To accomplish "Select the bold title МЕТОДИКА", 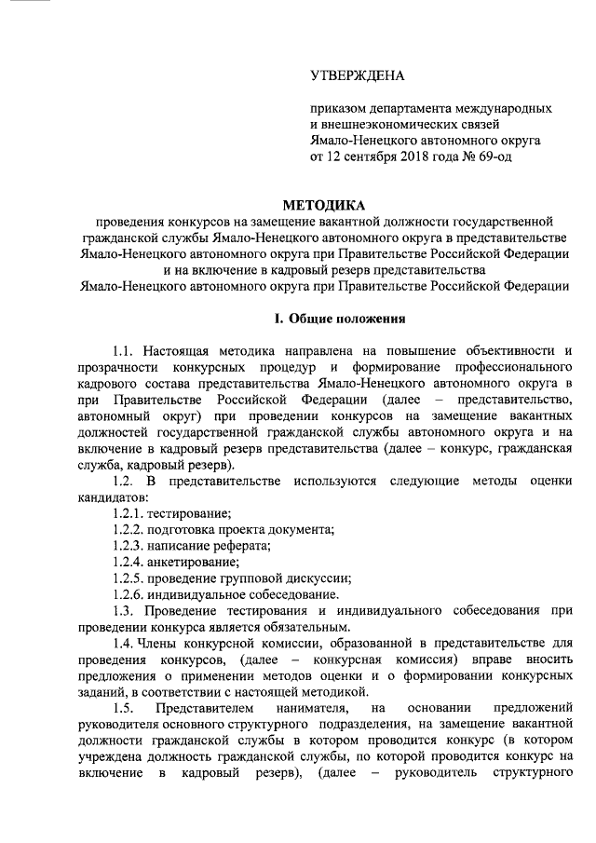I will [x=324, y=205].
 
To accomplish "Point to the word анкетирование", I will [x=196, y=562].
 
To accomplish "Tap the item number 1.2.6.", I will [x=128, y=594].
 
